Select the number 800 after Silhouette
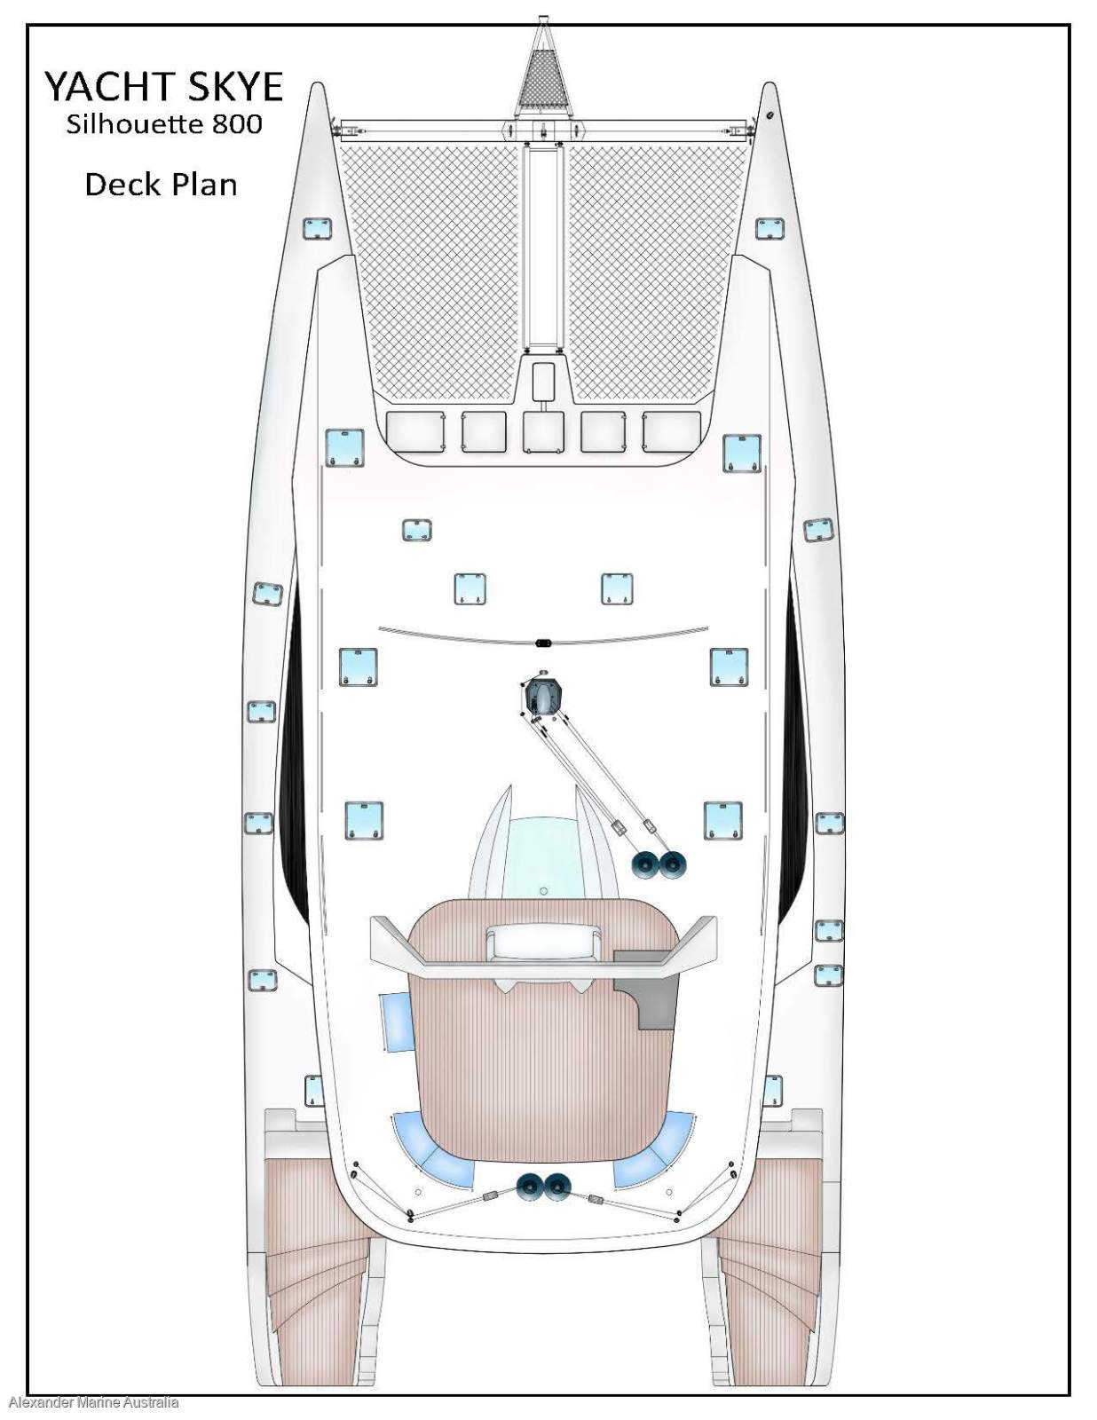point(237,123)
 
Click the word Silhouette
point(134,123)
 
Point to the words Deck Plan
point(161,185)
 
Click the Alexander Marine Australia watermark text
point(93,1402)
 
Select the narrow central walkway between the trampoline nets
point(543,248)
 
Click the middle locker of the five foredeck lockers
point(543,432)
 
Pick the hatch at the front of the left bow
point(317,228)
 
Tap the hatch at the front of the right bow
point(769,229)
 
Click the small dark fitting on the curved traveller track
point(543,640)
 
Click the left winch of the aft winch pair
point(532,1186)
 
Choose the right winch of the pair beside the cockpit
point(672,864)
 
